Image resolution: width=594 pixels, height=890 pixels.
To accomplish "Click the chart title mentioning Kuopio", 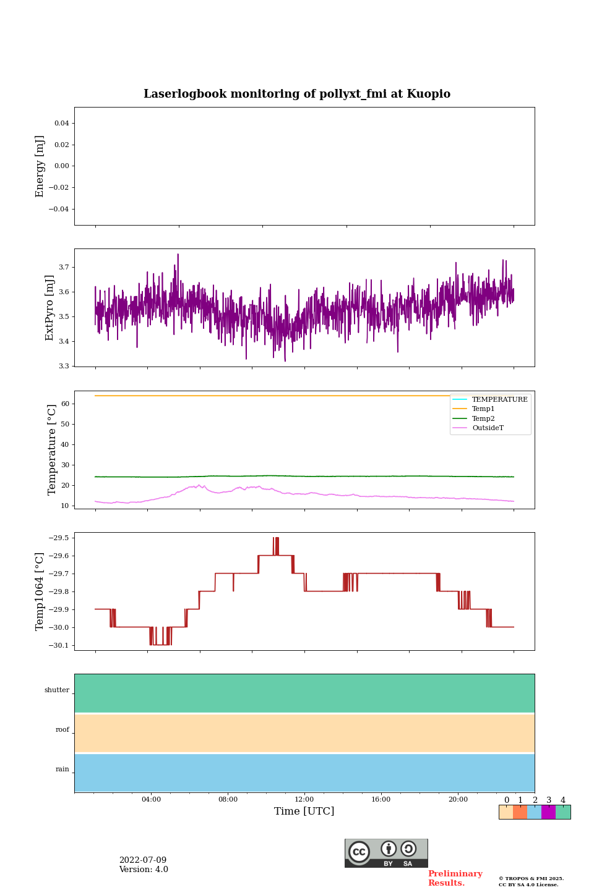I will (297, 94).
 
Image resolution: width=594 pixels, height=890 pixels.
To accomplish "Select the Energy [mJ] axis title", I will (40, 166).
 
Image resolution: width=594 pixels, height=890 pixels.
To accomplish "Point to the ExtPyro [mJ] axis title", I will (50, 308).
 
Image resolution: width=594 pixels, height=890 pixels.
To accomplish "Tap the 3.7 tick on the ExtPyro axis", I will (64, 267).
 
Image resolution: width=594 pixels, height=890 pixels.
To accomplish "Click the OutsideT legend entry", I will (488, 428).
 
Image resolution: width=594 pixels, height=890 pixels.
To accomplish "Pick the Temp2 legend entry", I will (483, 418).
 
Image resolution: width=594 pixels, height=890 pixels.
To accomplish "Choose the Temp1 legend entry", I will (483, 409).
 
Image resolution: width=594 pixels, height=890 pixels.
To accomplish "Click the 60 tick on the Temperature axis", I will (65, 404).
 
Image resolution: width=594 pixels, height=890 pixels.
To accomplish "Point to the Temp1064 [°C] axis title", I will (40, 591).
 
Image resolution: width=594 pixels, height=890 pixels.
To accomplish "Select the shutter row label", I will (57, 690).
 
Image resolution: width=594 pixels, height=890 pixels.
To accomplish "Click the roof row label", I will (62, 729).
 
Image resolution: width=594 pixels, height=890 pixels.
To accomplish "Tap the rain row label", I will (62, 769).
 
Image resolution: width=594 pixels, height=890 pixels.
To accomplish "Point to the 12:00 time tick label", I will (304, 799).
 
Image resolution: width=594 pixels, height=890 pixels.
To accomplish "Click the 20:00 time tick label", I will (458, 799).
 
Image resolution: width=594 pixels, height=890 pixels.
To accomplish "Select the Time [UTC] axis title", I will (304, 811).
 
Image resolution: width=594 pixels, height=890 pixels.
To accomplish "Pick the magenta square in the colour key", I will (548, 812).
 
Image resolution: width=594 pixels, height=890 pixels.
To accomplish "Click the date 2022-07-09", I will (143, 860).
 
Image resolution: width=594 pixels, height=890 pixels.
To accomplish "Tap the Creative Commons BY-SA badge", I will (386, 853).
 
